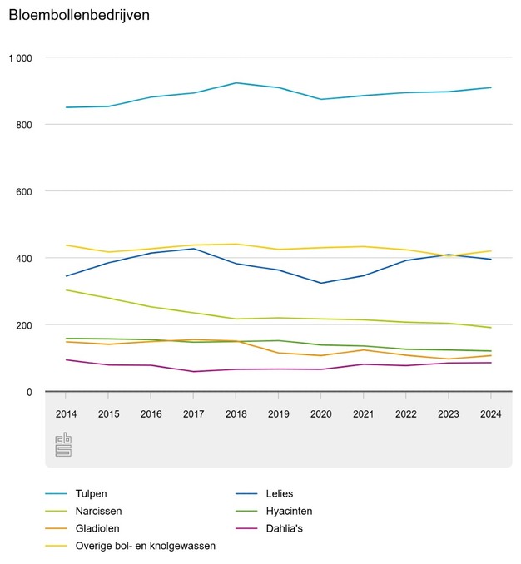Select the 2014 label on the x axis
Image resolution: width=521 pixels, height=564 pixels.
click(66, 413)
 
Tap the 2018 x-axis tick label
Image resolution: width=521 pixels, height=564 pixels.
click(236, 413)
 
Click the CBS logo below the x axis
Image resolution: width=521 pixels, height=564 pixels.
click(64, 444)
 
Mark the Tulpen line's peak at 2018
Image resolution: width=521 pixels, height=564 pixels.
click(236, 83)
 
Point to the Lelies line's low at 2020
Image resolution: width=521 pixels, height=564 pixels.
click(321, 283)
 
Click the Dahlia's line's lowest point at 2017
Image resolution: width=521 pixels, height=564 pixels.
click(194, 371)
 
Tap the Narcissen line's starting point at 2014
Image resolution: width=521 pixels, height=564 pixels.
click(66, 290)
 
